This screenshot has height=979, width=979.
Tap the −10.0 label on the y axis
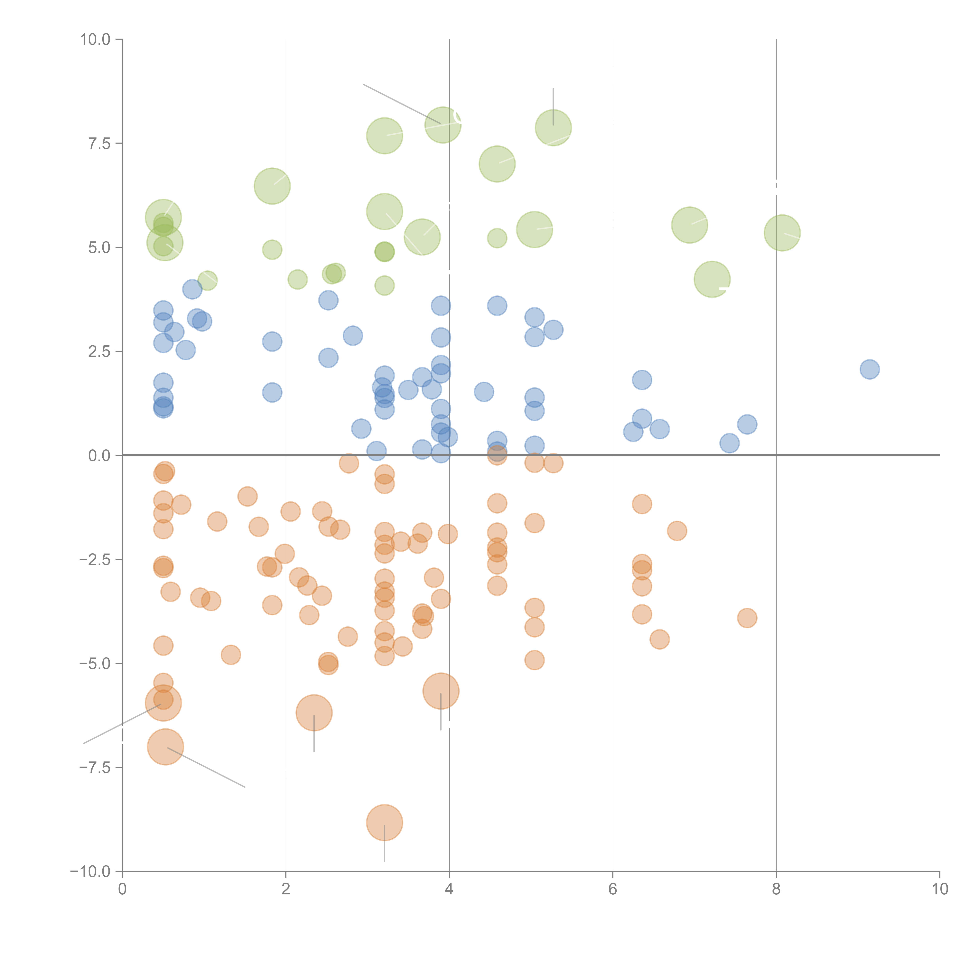[x=90, y=872]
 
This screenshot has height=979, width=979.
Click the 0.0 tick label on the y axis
[x=99, y=456]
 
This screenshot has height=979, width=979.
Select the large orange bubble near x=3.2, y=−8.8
[x=385, y=822]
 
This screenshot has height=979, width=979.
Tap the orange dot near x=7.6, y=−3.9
[x=747, y=618]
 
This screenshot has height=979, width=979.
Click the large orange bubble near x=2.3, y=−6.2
[x=314, y=713]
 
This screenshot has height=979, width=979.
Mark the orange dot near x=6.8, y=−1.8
[x=677, y=531]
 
